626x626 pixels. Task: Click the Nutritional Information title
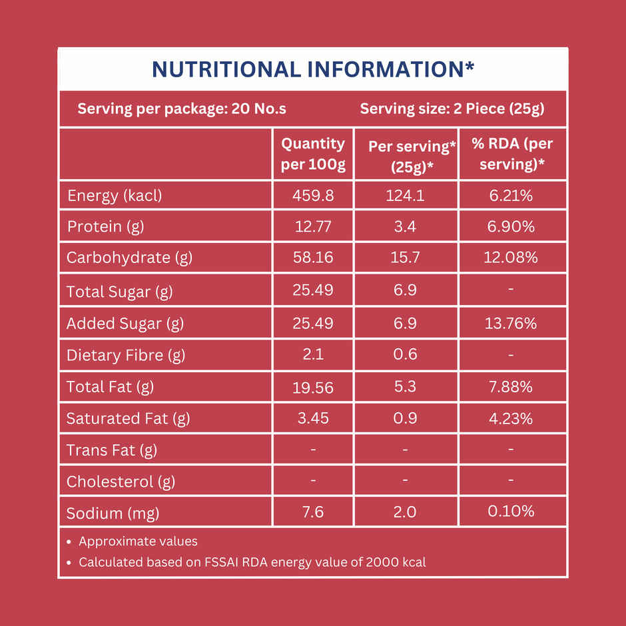coord(313,69)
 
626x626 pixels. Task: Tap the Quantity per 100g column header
coord(313,154)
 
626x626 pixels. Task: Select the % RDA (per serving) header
coord(512,154)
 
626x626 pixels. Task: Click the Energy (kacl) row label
coord(115,196)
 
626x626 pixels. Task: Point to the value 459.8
coord(313,196)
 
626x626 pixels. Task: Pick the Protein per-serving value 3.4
coord(405,227)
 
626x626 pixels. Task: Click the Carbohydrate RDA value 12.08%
coord(511,257)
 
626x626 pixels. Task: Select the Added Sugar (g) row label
coord(125,324)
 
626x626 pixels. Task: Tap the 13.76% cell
coord(511,324)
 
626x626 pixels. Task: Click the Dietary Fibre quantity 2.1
coord(313,354)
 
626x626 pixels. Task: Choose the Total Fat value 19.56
coord(313,388)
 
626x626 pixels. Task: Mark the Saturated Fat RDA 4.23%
coord(511,419)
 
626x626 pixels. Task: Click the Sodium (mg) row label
coord(113,513)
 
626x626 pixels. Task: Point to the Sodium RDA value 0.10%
coord(511,511)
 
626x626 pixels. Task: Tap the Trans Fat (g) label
coord(112,450)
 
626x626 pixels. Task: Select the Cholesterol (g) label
coord(121,481)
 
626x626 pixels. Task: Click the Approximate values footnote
coord(138,541)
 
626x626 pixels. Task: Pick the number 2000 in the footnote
coord(382,562)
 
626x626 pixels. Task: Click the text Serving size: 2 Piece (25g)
coord(452,109)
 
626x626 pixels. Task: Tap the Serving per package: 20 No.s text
coord(182,109)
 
